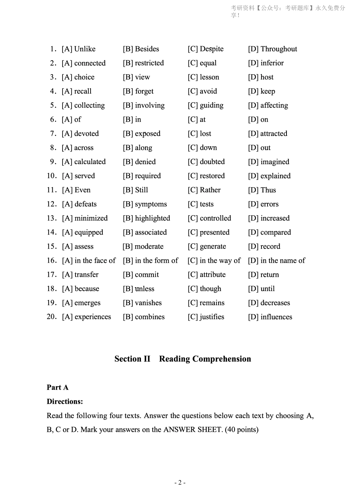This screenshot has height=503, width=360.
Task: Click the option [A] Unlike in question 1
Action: [x=78, y=49]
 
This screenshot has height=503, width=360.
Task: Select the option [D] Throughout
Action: [x=272, y=49]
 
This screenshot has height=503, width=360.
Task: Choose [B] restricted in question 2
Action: [x=143, y=63]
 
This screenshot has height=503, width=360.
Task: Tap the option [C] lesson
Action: [x=203, y=77]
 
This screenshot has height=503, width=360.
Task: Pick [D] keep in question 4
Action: [x=261, y=91]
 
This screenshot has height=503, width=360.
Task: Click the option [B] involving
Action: [x=144, y=105]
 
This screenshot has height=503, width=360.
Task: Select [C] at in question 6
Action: [x=196, y=119]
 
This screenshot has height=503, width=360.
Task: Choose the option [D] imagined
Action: [x=268, y=162]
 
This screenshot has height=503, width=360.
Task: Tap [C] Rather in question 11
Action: [x=204, y=190]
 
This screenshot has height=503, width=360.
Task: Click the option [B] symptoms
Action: [x=145, y=204]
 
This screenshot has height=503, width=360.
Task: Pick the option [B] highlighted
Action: [x=146, y=218]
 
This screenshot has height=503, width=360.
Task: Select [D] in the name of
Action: [x=276, y=260]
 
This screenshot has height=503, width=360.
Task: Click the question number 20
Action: [x=52, y=317]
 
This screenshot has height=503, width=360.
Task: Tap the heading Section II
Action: [x=132, y=359]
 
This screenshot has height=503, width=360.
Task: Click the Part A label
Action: [x=58, y=387]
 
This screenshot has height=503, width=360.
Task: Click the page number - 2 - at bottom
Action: [x=180, y=483]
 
